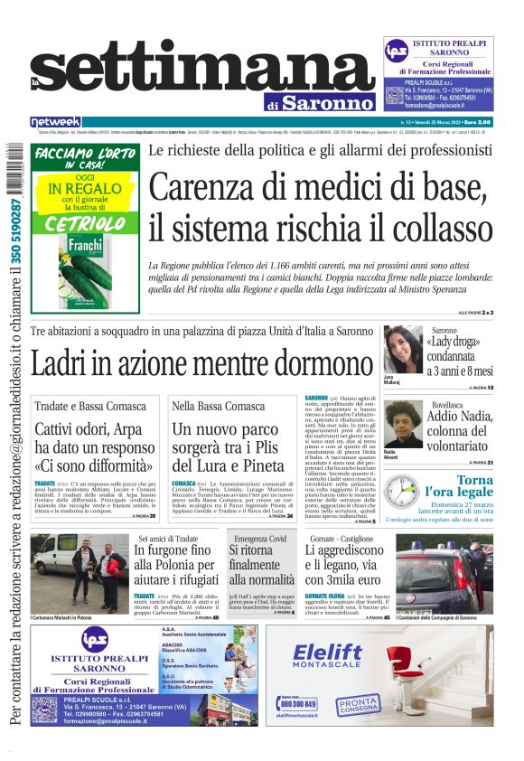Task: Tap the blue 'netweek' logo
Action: pos(55,121)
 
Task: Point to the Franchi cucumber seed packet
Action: pos(74,262)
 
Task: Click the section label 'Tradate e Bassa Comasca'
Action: pos(79,407)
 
